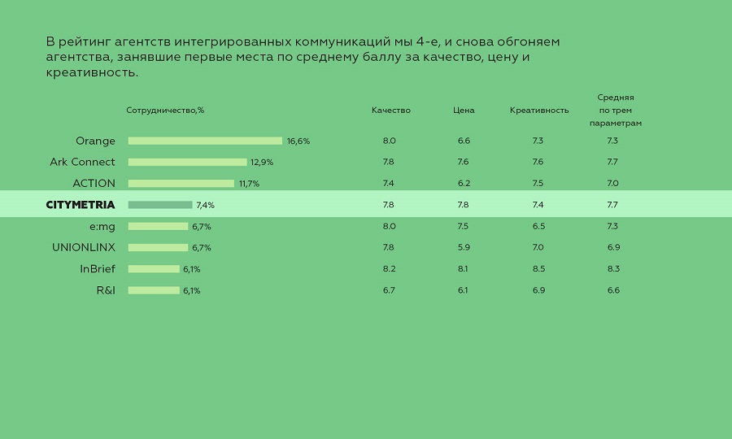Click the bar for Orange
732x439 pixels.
tap(205, 141)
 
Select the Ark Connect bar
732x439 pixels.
tap(187, 162)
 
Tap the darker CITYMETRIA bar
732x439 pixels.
tap(160, 205)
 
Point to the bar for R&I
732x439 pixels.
tap(154, 290)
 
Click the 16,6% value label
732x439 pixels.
tap(298, 141)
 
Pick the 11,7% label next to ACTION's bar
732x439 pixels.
tap(249, 184)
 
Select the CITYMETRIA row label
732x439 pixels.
tap(81, 205)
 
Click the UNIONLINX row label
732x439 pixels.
tap(84, 247)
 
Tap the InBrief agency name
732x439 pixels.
tap(98, 269)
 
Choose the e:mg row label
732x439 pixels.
tap(102, 226)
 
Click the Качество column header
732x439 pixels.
tap(391, 111)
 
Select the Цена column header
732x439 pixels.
tap(464, 111)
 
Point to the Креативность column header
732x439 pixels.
tap(539, 111)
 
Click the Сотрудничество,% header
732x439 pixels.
tap(165, 111)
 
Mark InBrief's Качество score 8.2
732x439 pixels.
tap(389, 269)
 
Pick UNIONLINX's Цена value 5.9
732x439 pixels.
tap(463, 247)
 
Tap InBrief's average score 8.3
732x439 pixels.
tap(613, 269)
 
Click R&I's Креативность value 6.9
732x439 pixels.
tap(538, 290)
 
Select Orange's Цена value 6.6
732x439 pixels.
tap(464, 141)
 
